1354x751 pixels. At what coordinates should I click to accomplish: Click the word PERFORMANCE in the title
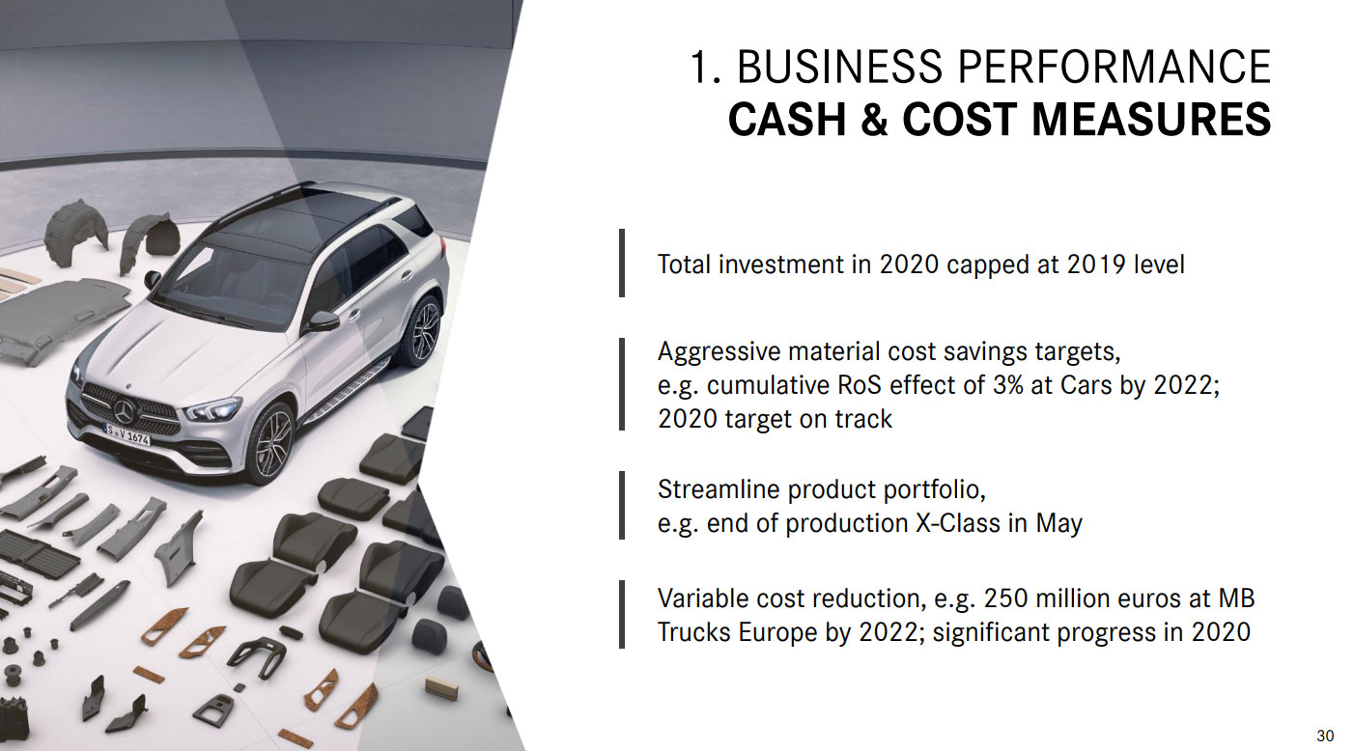pyautogui.click(x=1114, y=67)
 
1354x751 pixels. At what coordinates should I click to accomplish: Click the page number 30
pyautogui.click(x=1326, y=736)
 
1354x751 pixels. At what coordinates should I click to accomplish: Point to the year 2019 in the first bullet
pyautogui.click(x=1096, y=264)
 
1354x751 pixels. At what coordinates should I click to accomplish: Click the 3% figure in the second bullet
pyautogui.click(x=1007, y=385)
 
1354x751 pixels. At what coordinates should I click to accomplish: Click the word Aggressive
pyautogui.click(x=719, y=352)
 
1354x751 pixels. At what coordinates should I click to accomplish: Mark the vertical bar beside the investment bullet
pyautogui.click(x=622, y=263)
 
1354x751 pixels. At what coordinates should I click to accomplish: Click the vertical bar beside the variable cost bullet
pyautogui.click(x=622, y=615)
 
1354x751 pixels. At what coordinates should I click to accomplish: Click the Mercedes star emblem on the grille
pyautogui.click(x=125, y=412)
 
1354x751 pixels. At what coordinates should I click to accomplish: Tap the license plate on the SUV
pyautogui.click(x=127, y=434)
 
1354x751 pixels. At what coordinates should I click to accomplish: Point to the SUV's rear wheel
pyautogui.click(x=424, y=329)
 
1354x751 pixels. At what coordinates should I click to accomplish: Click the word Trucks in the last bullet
pyautogui.click(x=693, y=632)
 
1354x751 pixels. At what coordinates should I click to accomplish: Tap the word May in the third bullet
pyautogui.click(x=1059, y=524)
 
